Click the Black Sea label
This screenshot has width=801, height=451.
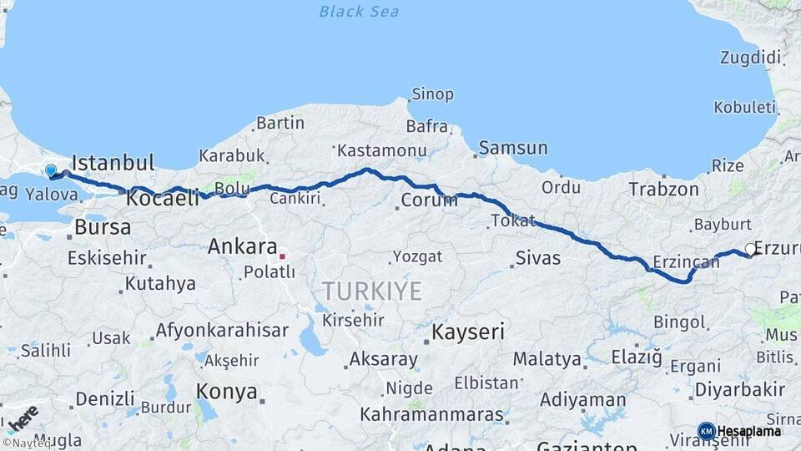tap(359, 12)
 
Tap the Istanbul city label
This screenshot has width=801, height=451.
tap(113, 162)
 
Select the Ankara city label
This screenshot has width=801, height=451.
tap(242, 247)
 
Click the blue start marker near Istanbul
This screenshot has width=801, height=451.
tap(51, 171)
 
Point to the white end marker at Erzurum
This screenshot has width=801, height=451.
tap(751, 249)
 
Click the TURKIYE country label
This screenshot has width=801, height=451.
tap(372, 291)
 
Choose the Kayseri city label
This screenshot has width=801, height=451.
tap(468, 332)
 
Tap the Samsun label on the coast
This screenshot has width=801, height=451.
tap(513, 149)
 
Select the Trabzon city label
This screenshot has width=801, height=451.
tap(664, 190)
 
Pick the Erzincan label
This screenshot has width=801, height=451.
tap(686, 262)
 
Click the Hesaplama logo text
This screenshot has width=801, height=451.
tap(749, 431)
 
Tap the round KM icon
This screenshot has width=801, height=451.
tap(706, 431)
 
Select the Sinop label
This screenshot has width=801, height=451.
tap(433, 94)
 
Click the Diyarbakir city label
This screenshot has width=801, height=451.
tap(740, 389)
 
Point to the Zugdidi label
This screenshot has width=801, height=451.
tap(751, 58)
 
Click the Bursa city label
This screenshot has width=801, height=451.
tap(103, 227)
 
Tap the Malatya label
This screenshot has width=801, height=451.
tap(547, 359)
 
